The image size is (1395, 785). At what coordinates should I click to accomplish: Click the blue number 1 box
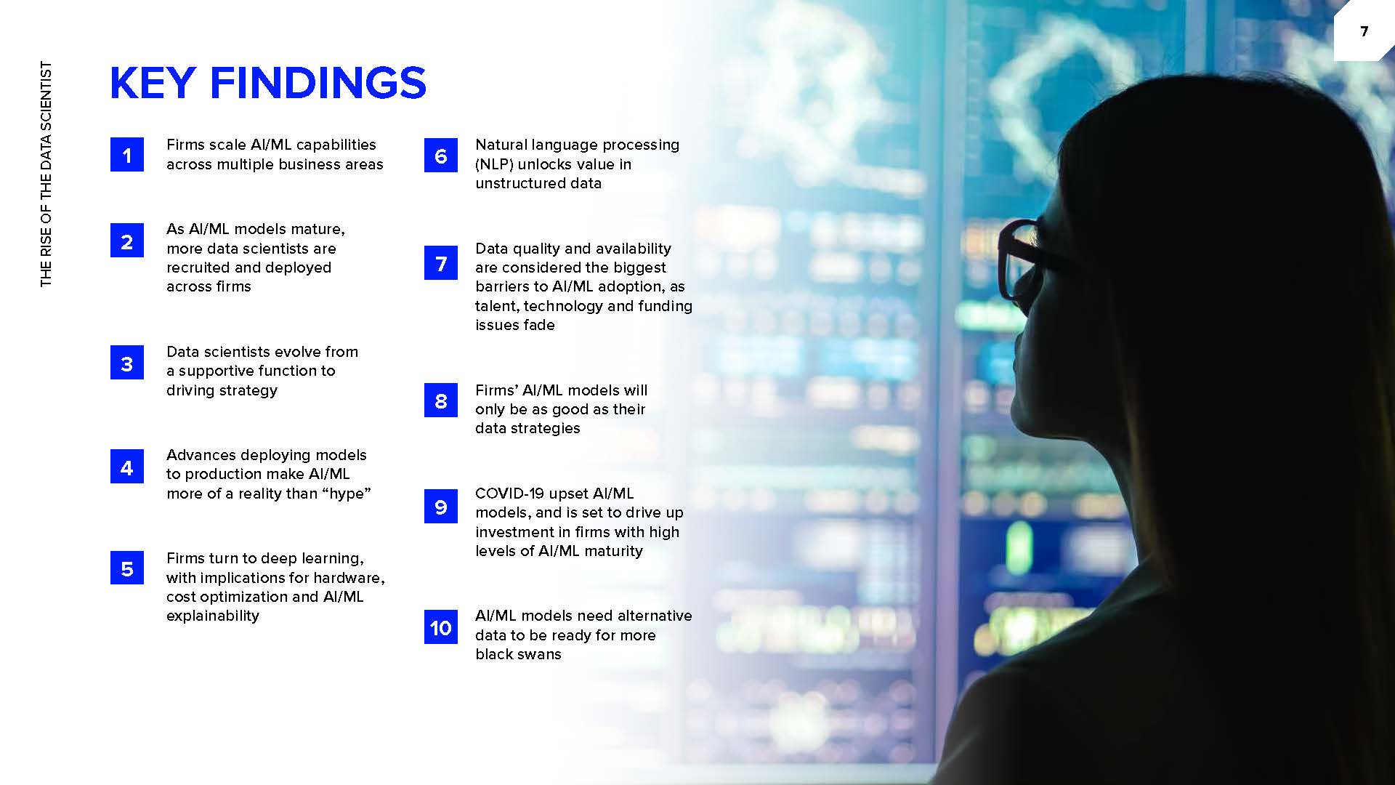pos(127,155)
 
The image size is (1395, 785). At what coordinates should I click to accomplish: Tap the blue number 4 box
pos(127,467)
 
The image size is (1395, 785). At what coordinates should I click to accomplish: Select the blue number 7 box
pos(441,263)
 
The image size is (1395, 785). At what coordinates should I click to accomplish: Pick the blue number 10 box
pos(441,627)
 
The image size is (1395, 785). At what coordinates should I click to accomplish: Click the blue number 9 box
pos(441,506)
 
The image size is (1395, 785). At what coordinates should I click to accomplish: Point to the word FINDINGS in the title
pos(318,83)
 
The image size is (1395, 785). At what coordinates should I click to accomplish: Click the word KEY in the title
pos(153,83)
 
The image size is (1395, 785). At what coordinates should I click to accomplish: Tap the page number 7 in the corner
pos(1364,31)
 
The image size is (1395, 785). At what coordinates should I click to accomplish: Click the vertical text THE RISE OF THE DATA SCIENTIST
pos(46,174)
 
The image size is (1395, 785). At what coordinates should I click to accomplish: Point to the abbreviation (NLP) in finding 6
pos(494,164)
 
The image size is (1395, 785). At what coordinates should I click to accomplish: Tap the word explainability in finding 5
pos(213,616)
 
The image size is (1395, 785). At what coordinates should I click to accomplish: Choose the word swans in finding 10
pos(539,654)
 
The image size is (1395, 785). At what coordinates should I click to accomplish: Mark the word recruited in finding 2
pos(197,267)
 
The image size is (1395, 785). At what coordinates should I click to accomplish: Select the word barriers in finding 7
pos(503,286)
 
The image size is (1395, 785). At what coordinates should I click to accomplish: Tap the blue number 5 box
pos(127,568)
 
